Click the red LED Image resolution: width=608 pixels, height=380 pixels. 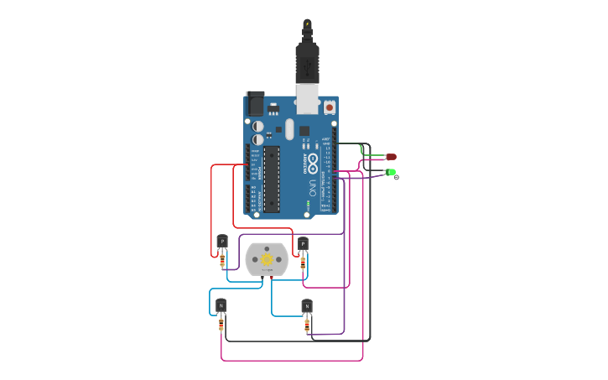click(392, 157)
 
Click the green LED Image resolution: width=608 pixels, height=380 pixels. click(392, 173)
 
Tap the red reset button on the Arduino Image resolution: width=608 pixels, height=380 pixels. click(329, 107)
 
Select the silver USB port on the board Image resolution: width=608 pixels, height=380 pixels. click(309, 99)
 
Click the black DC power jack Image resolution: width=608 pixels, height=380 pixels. click(254, 103)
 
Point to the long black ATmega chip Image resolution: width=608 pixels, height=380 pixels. click(271, 179)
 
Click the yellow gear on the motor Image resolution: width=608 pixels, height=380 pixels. click(267, 259)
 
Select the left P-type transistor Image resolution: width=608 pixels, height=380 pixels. click(221, 242)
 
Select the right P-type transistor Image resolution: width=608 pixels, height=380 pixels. click(303, 244)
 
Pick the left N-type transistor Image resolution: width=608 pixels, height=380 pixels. click(221, 305)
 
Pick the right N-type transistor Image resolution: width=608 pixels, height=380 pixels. click(307, 306)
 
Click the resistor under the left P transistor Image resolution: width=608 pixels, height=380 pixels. click(221, 262)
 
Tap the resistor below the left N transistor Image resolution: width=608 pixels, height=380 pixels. click(221, 325)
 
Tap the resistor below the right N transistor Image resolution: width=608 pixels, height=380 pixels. click(307, 325)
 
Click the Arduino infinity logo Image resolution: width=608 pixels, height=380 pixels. click(313, 159)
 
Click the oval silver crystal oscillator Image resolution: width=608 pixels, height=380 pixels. click(289, 129)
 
